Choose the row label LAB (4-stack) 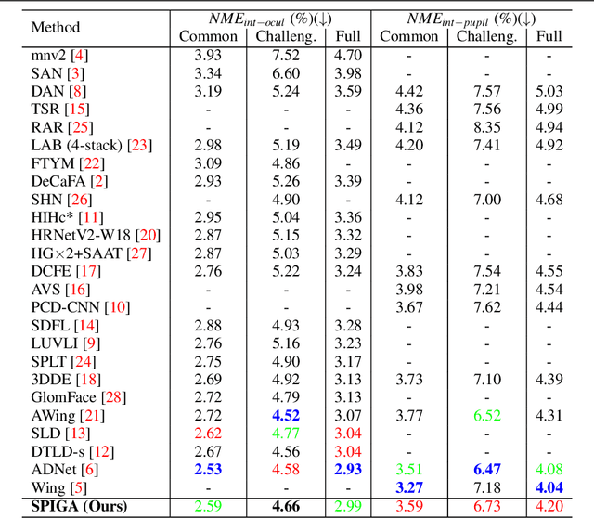(78, 145)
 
